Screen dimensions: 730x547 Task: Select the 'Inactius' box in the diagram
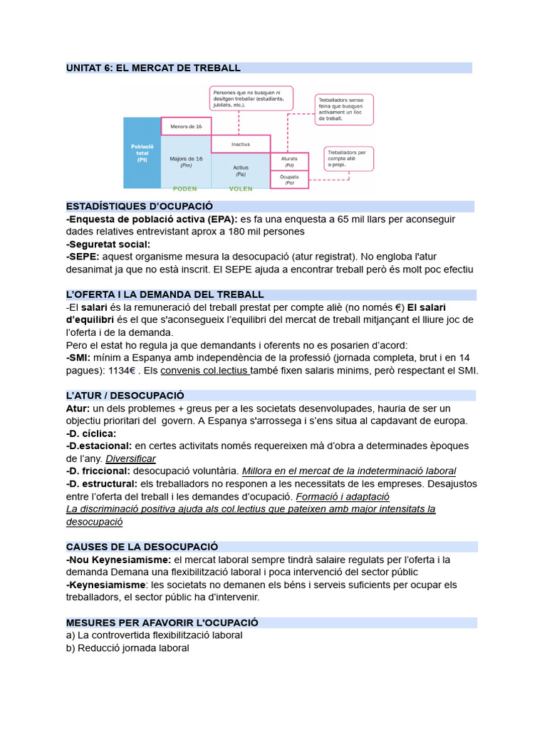[x=240, y=144]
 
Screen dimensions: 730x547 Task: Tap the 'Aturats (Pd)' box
[x=289, y=161]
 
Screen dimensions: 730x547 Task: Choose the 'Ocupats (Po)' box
[x=289, y=180]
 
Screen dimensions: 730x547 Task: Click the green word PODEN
[x=185, y=189]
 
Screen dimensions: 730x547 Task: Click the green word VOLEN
[x=241, y=189]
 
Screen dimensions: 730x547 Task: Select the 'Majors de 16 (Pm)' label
[x=186, y=161]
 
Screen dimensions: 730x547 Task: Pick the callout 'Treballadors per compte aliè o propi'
[x=348, y=158]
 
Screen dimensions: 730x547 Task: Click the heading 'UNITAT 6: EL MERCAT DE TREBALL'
[x=153, y=68]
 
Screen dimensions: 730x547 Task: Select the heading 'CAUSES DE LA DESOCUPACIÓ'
[x=142, y=547]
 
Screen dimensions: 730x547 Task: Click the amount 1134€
[x=121, y=371]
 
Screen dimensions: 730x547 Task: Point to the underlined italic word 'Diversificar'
[x=130, y=458]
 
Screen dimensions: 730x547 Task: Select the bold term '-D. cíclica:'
[x=90, y=433]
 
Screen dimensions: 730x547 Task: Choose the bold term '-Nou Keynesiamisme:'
[x=118, y=560]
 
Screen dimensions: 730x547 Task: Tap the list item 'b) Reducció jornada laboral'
[x=127, y=648]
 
